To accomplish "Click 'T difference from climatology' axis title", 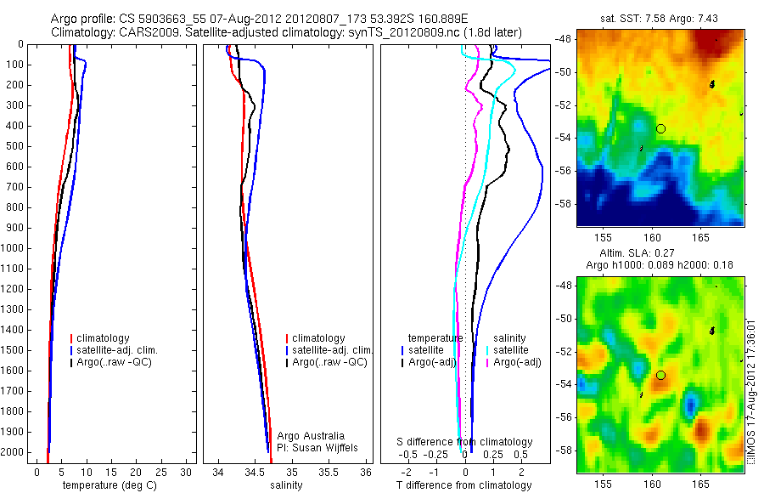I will [463, 485].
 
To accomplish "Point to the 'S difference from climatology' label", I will [465, 442].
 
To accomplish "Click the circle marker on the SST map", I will [660, 128].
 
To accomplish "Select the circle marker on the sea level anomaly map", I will [660, 375].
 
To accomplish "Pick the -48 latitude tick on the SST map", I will [564, 39].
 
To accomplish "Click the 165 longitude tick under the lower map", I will [700, 482].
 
